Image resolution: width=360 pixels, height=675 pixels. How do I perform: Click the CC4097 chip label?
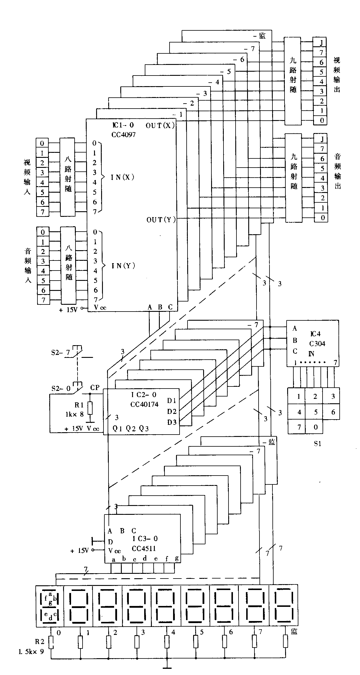coord(124,135)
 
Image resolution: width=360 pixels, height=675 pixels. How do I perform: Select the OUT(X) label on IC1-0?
coord(160,125)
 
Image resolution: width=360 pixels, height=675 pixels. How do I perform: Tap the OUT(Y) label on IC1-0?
coord(161,219)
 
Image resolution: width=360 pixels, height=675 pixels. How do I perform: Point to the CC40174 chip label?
coord(144,404)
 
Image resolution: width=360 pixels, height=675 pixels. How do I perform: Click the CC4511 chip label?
coord(144,548)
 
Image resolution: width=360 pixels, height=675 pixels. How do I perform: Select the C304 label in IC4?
coord(317,343)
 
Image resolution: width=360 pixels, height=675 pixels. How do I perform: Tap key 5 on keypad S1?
coord(315,412)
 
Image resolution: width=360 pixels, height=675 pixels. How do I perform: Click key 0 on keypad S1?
coord(315,427)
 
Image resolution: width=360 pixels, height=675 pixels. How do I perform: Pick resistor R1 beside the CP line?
coord(90,408)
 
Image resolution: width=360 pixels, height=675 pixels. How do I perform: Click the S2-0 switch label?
coord(61,389)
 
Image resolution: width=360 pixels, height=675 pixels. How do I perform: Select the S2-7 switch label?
coord(60,353)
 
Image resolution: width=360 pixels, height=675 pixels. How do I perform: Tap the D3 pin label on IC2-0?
coord(172,422)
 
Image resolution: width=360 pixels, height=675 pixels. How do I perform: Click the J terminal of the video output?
coord(321,43)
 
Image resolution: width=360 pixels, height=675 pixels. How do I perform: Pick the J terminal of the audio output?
coord(322,139)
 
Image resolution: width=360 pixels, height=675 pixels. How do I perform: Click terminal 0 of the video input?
coord(42,143)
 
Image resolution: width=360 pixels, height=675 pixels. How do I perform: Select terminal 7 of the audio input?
coord(44,300)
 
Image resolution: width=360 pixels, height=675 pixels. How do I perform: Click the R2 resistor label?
coord(40,641)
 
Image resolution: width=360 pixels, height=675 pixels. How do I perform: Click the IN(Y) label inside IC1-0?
coord(123,266)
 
